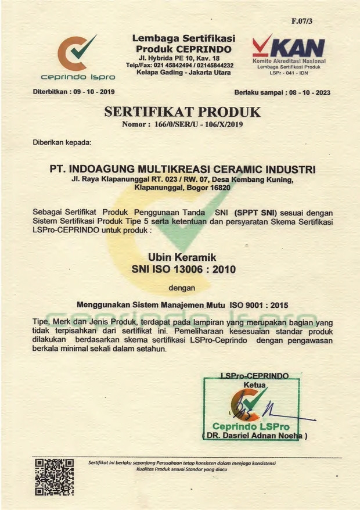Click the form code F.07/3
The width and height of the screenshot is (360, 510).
pyautogui.click(x=302, y=21)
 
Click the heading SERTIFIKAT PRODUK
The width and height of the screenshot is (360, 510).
pyautogui.click(x=182, y=112)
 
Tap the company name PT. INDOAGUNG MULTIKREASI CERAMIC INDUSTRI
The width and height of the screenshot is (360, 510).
pyautogui.click(x=182, y=169)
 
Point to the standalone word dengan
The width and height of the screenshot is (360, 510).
pyautogui.click(x=182, y=286)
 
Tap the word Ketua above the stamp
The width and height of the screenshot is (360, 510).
pyautogui.click(x=254, y=385)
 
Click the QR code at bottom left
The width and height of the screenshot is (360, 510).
pyautogui.click(x=54, y=476)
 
